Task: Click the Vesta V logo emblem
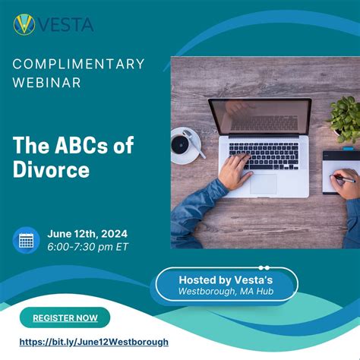[x=24, y=24]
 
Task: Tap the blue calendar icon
[x=27, y=241]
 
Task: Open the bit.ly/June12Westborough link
[x=93, y=343]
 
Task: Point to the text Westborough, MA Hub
[x=226, y=292]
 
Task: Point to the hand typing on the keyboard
[x=236, y=172]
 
